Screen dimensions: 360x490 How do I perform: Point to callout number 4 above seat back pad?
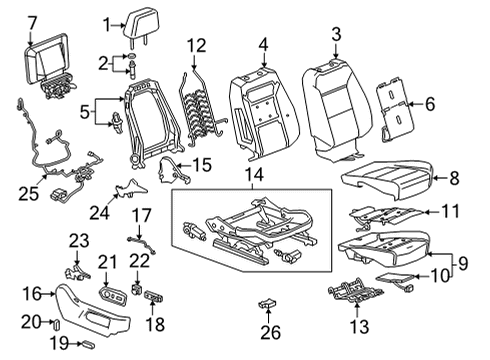263,44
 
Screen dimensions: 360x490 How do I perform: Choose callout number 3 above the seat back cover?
336,34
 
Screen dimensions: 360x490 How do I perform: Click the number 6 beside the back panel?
430,102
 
